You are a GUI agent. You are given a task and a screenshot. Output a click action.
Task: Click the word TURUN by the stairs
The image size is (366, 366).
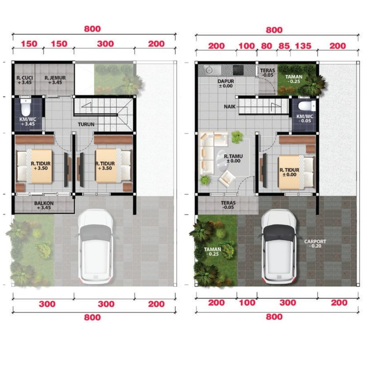86,124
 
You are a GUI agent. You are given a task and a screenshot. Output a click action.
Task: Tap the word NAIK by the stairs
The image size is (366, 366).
230,107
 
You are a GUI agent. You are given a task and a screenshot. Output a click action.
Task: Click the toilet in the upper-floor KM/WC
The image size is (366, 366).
25,107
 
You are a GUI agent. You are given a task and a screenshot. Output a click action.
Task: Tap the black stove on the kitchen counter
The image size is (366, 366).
238,70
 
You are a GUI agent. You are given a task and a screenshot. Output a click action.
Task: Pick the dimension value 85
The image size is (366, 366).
284,46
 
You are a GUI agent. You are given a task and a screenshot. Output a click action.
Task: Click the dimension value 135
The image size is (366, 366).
303,46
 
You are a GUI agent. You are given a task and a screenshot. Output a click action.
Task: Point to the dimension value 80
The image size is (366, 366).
266,46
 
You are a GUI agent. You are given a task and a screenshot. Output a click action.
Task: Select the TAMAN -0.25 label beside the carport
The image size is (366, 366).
212,251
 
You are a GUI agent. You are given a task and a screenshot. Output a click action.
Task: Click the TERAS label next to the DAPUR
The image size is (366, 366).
267,73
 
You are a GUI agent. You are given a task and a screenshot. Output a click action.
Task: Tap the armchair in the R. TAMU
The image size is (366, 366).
227,179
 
